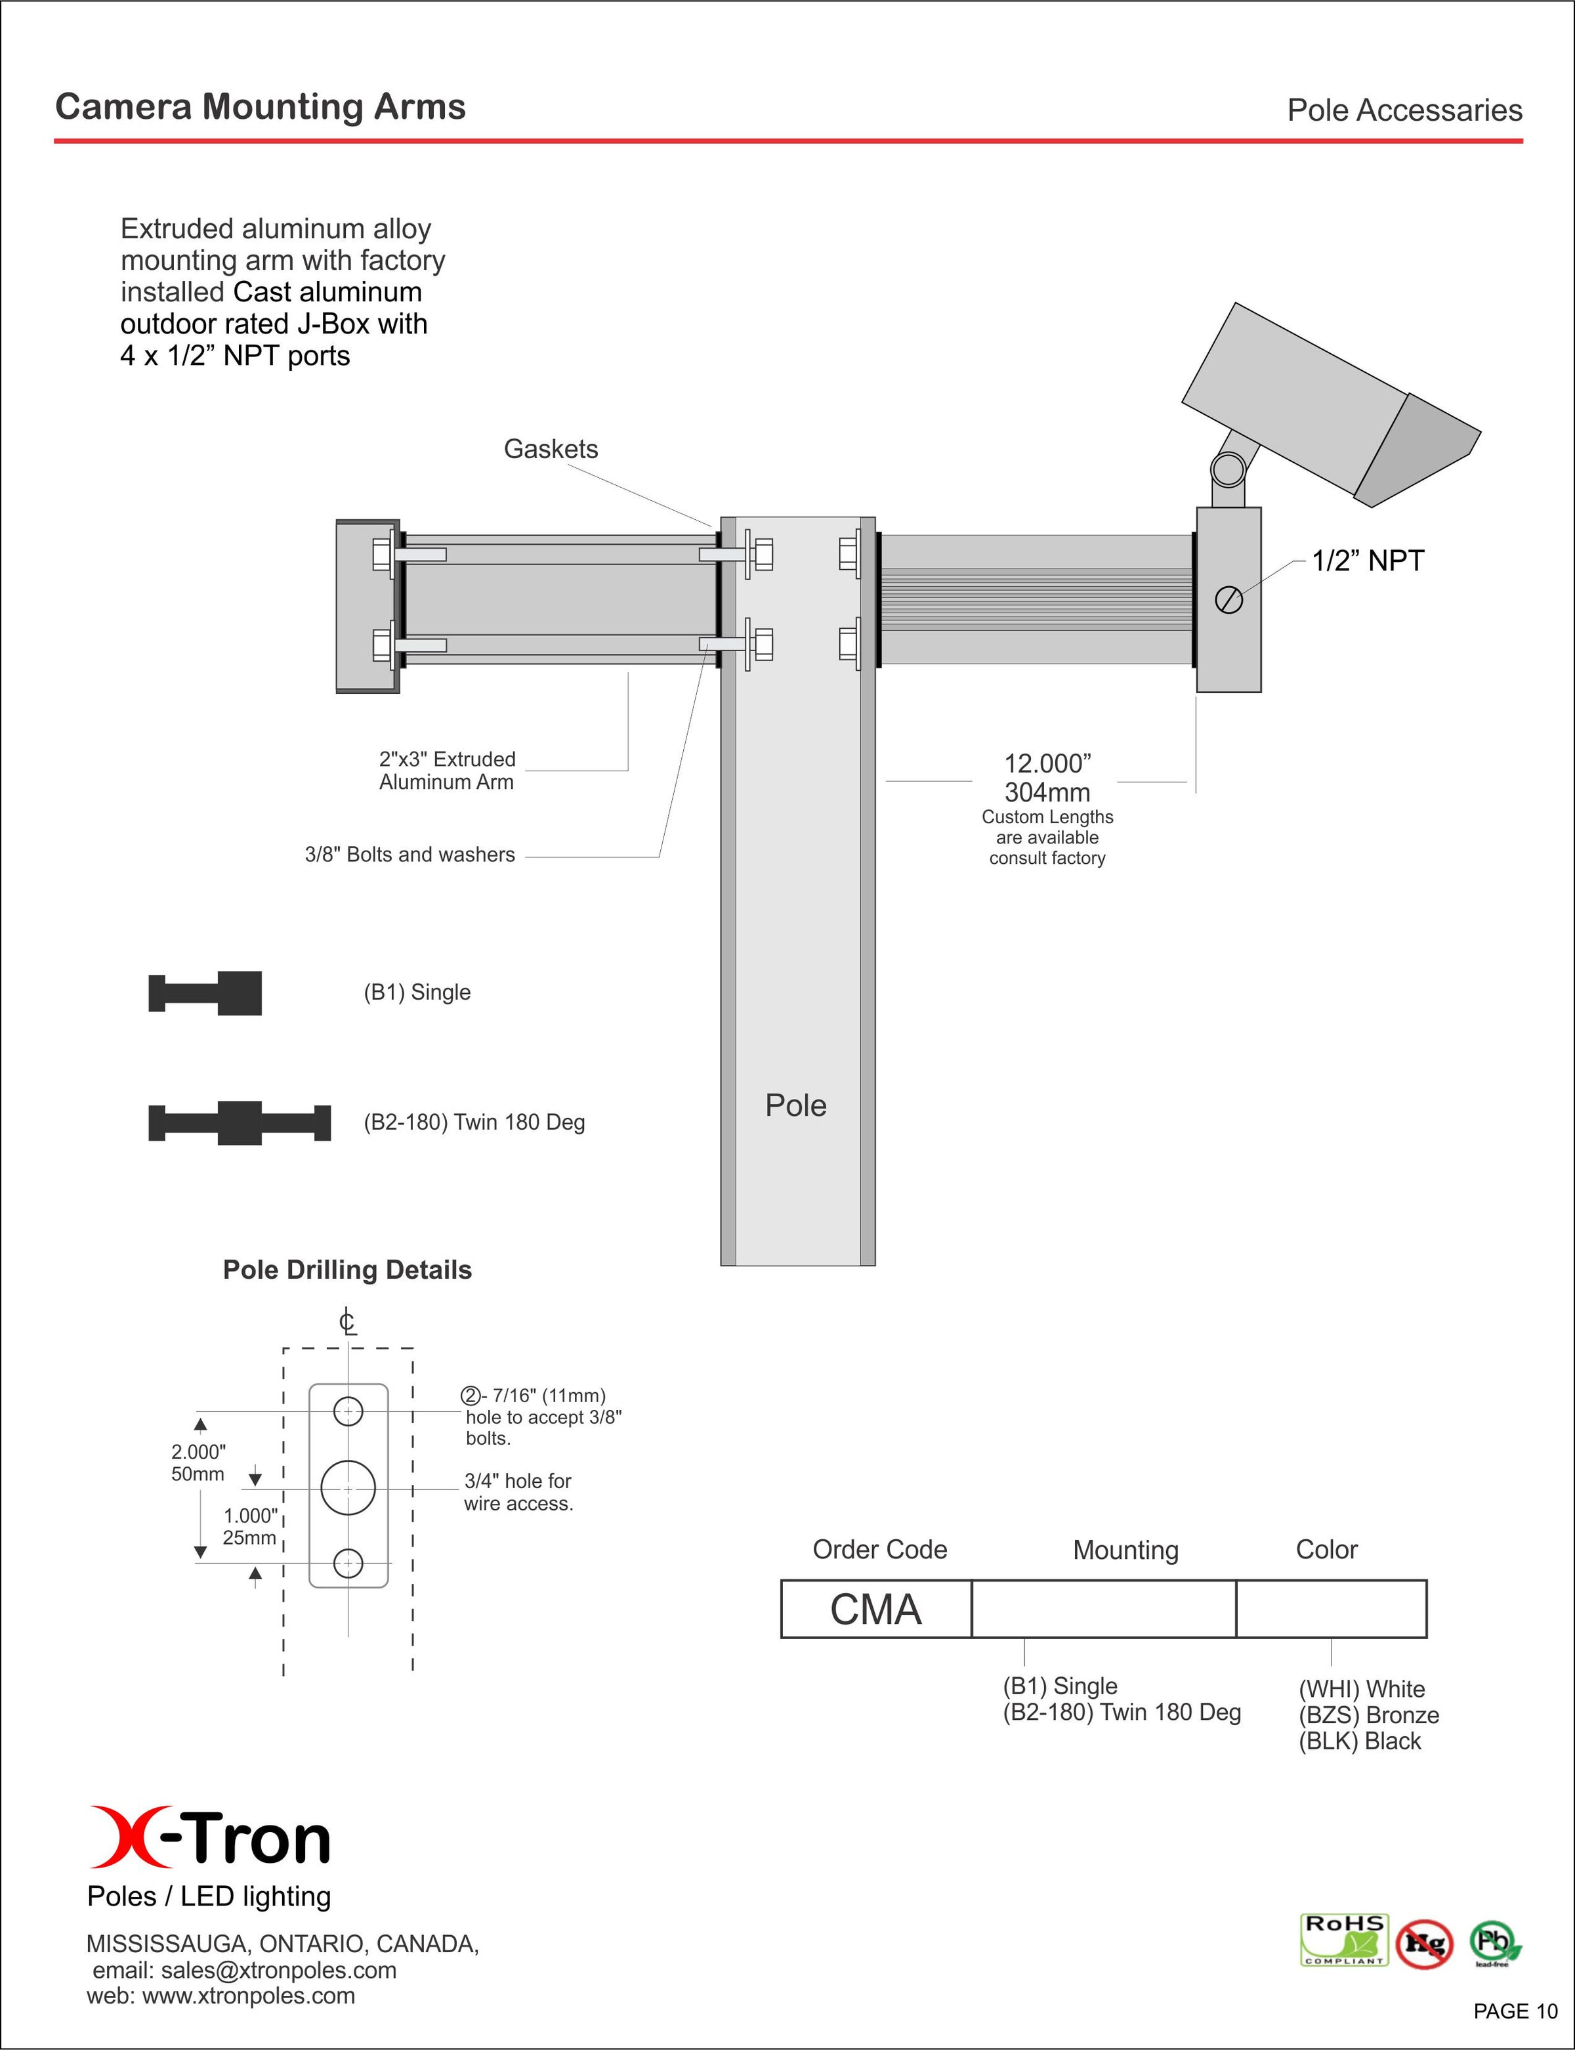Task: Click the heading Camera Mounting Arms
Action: pyautogui.click(x=260, y=107)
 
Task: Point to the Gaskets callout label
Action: pyautogui.click(x=551, y=449)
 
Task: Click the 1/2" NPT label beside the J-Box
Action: pyautogui.click(x=1367, y=561)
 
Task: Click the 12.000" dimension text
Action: pyautogui.click(x=1047, y=763)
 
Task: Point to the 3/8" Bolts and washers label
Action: pyautogui.click(x=409, y=854)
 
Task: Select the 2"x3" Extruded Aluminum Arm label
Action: pyautogui.click(x=447, y=770)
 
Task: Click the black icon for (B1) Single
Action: pyautogui.click(x=205, y=993)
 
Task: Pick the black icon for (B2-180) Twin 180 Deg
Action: pyautogui.click(x=240, y=1122)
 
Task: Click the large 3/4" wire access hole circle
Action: pyautogui.click(x=348, y=1488)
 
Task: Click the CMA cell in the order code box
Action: pyautogui.click(x=875, y=1610)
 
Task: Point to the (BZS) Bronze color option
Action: pyautogui.click(x=1368, y=1715)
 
